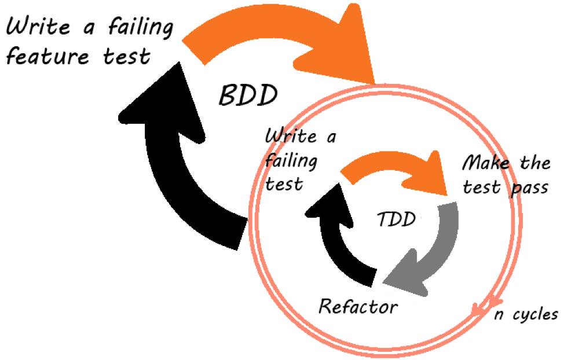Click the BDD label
click(248, 95)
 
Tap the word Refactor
click(358, 306)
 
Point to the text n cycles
click(526, 314)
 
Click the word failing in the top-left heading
click(137, 28)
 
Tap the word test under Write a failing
click(284, 185)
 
